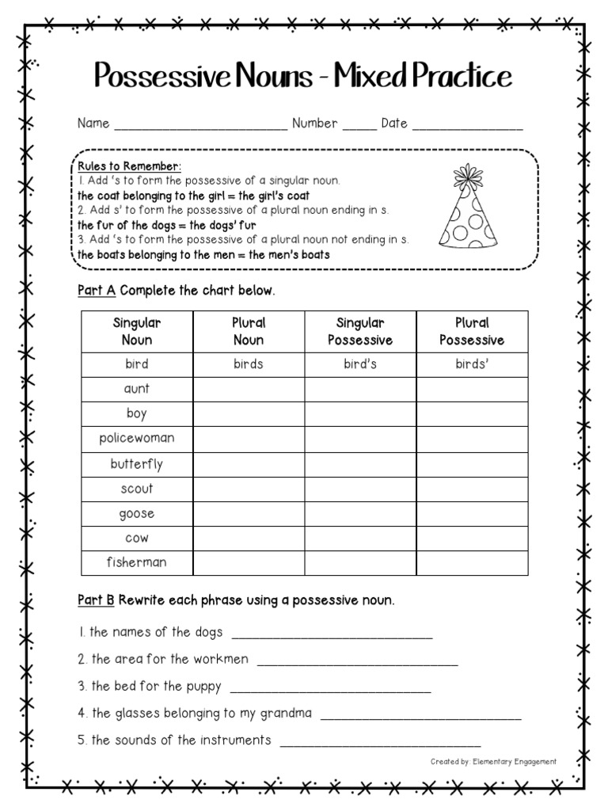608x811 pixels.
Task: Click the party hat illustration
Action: tap(469, 207)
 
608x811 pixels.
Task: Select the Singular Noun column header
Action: tap(137, 331)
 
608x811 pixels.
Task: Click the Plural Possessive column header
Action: tap(472, 331)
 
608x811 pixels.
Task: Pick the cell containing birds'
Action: tap(472, 364)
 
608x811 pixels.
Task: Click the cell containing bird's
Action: tap(360, 364)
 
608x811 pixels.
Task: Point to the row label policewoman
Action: tap(137, 438)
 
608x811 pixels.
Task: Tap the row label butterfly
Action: tap(137, 463)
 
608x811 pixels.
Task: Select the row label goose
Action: tap(137, 513)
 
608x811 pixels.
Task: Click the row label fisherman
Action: tap(137, 562)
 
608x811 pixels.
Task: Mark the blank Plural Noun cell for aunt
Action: tap(249, 389)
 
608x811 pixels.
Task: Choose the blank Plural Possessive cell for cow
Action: tap(472, 538)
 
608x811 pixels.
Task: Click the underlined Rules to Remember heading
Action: tap(129, 166)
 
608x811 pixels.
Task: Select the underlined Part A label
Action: tap(97, 291)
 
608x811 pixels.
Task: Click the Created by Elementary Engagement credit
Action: tap(493, 762)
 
